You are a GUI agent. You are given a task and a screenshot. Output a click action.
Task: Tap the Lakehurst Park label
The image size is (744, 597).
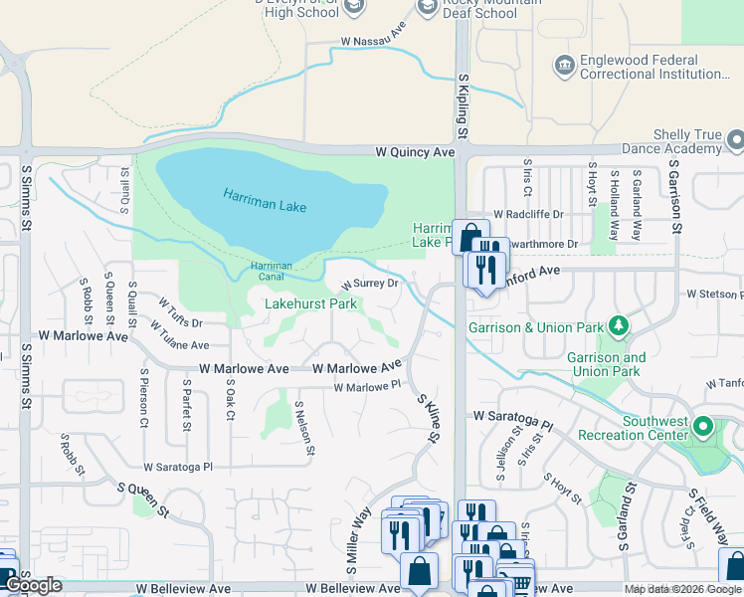coord(311,303)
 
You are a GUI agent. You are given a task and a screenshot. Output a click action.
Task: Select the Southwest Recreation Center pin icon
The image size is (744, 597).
coord(704,428)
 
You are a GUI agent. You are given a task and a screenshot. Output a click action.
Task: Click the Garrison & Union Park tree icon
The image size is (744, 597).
coord(619,325)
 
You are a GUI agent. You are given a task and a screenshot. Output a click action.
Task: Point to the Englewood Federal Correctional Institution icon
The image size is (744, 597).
coord(564,66)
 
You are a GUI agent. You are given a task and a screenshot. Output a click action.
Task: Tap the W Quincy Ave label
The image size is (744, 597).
coord(415,152)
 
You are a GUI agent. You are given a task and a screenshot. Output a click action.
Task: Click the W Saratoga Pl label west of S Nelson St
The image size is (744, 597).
coord(178,466)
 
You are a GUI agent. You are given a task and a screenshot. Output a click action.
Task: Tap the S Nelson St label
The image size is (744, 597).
coord(305,429)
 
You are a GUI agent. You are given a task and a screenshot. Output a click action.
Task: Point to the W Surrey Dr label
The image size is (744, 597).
coord(370,284)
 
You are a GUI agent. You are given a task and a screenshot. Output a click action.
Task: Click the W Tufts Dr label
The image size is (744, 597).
coord(180,310)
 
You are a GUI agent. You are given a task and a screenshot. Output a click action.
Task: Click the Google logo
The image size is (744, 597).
coord(33,586)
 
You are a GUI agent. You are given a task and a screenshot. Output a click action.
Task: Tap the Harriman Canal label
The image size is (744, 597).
coord(271,270)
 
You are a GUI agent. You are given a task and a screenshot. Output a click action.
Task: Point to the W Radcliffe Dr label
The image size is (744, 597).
coord(532,214)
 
